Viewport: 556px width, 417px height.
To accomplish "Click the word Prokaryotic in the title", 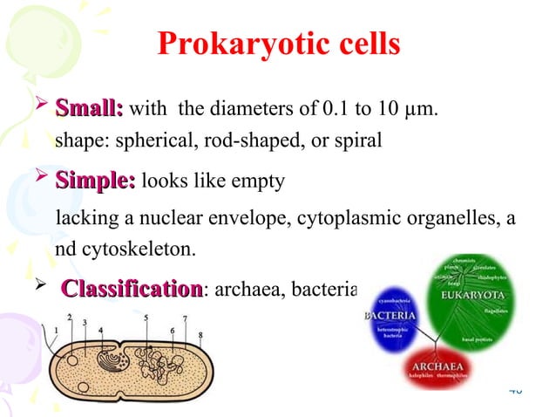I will pyautogui.click(x=230, y=44).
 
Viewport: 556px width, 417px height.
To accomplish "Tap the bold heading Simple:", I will pyautogui.click(x=95, y=181).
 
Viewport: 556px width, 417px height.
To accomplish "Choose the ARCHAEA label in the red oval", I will pyautogui.click(x=437, y=365).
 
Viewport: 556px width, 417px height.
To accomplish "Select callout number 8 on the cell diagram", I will pyautogui.click(x=200, y=334).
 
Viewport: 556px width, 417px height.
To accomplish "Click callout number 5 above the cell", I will pyautogui.click(x=146, y=318).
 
